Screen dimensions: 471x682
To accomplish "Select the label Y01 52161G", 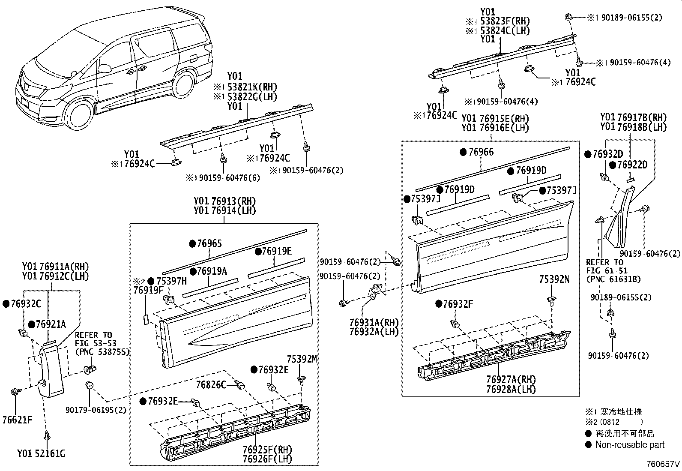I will (x=42, y=453).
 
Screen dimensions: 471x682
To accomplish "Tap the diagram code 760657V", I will (x=663, y=464).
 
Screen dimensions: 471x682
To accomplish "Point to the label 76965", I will (x=209, y=244).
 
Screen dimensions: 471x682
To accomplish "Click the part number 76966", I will (x=481, y=152).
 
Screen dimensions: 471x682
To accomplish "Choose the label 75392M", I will (x=302, y=359).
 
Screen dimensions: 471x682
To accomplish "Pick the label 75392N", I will (x=554, y=279).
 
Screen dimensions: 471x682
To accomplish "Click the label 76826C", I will (x=211, y=385).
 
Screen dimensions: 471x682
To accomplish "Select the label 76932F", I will (x=458, y=304).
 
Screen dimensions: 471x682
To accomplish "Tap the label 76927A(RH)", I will (x=511, y=379).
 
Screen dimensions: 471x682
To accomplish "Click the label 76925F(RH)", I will (x=267, y=450).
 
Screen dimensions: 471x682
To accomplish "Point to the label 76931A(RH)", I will (x=374, y=322).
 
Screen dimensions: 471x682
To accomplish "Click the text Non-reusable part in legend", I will (x=630, y=445).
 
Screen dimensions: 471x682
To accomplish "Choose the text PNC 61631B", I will (x=613, y=279).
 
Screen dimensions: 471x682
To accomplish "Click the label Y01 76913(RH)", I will (x=224, y=201).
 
